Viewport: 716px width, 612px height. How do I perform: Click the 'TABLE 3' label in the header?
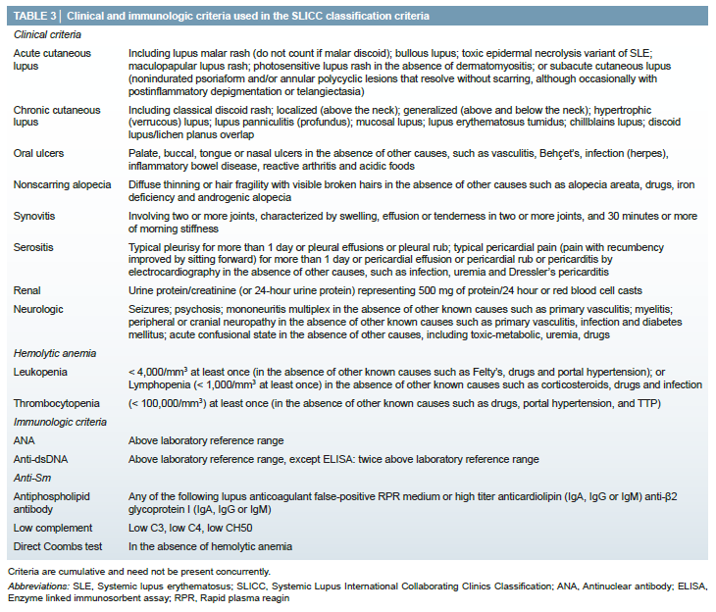[x=35, y=17]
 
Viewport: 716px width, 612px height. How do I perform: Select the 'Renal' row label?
[x=29, y=291]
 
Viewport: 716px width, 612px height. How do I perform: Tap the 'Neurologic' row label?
[x=39, y=309]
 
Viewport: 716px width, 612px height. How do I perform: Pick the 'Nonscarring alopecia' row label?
[x=63, y=184]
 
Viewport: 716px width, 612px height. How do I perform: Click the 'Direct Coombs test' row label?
[x=59, y=546]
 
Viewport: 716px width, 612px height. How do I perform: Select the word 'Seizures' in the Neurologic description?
[x=150, y=309]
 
